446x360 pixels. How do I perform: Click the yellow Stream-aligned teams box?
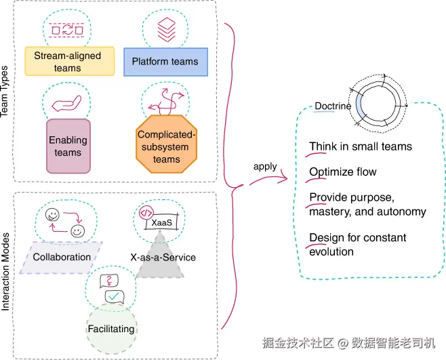tap(68, 61)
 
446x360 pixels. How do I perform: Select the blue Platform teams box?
tap(165, 62)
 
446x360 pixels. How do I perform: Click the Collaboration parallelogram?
tap(62, 257)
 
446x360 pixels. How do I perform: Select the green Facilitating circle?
tap(111, 329)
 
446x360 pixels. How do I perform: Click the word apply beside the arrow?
tap(265, 166)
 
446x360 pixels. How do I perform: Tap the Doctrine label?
tap(333, 106)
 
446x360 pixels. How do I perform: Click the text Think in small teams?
tap(361, 146)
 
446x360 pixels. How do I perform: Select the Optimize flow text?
tap(343, 172)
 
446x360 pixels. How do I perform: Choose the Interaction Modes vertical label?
tap(6, 271)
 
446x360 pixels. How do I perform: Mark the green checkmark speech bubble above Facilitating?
tap(114, 296)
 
